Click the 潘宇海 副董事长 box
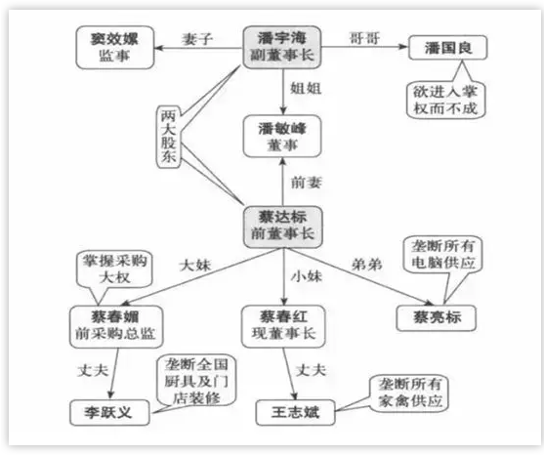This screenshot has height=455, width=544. [x=281, y=47]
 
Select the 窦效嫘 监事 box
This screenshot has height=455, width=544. [x=115, y=48]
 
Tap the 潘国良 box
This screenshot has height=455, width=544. [x=448, y=48]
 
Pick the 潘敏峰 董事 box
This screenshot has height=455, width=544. [x=282, y=137]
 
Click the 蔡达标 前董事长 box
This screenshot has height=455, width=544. [x=282, y=227]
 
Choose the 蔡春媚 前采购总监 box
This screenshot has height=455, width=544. [x=116, y=327]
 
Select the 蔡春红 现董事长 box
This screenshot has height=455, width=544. [x=283, y=326]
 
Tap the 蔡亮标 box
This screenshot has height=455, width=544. [x=437, y=318]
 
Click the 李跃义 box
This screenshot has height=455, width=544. [x=109, y=413]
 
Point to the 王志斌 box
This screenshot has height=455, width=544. [x=295, y=412]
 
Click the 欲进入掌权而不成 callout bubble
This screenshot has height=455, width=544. [x=445, y=101]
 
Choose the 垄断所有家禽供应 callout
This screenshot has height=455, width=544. [x=409, y=393]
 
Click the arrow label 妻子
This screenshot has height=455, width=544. [x=197, y=39]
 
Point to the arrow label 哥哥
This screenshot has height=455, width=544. [x=364, y=38]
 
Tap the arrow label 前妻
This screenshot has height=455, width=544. [x=307, y=183]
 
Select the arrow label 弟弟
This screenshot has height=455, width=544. [x=366, y=266]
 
